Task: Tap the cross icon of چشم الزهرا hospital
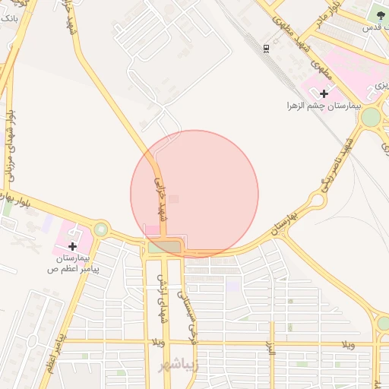(324, 93)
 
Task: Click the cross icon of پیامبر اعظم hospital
(72, 246)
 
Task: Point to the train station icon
(266, 49)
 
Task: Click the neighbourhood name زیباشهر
(177, 366)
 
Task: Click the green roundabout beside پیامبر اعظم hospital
(100, 229)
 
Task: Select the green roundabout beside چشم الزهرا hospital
(371, 117)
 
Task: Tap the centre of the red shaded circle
(194, 194)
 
